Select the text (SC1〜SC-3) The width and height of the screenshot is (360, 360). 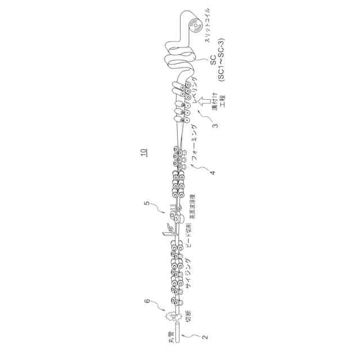pyautogui.click(x=222, y=65)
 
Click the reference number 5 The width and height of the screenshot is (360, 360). pyautogui.click(x=147, y=204)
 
